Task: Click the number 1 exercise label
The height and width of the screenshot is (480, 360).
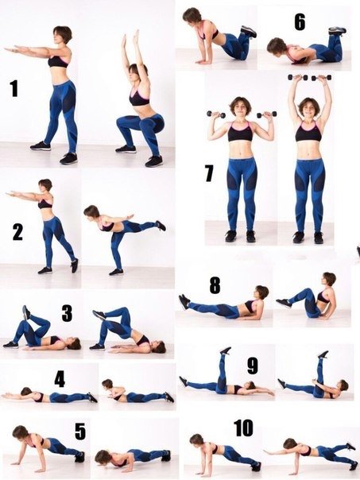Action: point(14,88)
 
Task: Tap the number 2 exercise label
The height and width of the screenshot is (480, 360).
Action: point(17,232)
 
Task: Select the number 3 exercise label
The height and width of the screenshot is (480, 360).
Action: point(67,313)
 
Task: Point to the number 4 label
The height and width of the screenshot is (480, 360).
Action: point(60,380)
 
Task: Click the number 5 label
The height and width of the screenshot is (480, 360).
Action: point(80,432)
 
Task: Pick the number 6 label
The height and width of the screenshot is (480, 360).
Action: point(300,22)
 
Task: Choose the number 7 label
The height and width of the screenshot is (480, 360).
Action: point(209,173)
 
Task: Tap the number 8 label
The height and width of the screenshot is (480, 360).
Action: point(215,285)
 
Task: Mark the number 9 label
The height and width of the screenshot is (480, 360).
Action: point(253,366)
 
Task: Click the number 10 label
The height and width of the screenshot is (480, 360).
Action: point(243,428)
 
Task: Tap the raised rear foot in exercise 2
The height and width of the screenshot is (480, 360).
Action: point(161,226)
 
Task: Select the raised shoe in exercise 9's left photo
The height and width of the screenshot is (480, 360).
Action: point(226,350)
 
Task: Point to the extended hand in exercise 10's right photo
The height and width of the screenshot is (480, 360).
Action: point(269,452)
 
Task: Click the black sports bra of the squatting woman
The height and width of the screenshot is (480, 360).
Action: point(139,97)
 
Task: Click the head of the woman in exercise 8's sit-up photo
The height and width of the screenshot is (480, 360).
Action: point(329,279)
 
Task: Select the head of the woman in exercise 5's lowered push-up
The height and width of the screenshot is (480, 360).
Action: point(103,457)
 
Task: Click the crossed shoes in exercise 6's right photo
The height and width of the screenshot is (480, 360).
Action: point(338,31)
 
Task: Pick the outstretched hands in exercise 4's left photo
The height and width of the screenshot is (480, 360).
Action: point(8,396)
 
